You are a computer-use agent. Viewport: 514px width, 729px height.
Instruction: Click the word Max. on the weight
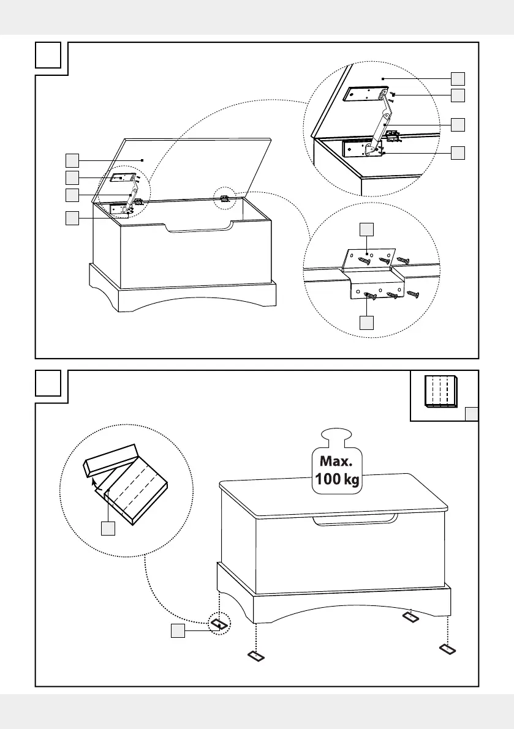[337, 460]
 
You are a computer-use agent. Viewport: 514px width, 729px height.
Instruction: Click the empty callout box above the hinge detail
[366, 229]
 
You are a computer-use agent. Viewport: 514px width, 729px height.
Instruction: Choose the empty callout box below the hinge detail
[366, 322]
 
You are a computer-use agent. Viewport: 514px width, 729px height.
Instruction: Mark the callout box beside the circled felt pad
[178, 632]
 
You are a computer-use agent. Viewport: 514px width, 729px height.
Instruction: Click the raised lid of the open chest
[184, 168]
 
